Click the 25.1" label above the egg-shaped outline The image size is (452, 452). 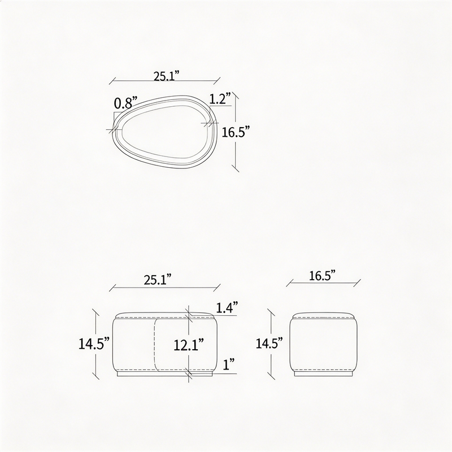click(166, 76)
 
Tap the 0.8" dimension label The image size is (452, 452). click(125, 103)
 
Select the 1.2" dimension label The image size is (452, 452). click(220, 98)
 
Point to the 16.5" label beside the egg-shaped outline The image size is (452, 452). click(235, 132)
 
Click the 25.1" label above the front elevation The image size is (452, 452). click(158, 280)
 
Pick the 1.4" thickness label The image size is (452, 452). click(227, 307)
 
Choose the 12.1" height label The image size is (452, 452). click(189, 345)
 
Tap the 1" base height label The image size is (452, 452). click(229, 364)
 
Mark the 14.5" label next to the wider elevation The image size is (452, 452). click(94, 344)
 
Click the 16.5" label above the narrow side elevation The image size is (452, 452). click(323, 276)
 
